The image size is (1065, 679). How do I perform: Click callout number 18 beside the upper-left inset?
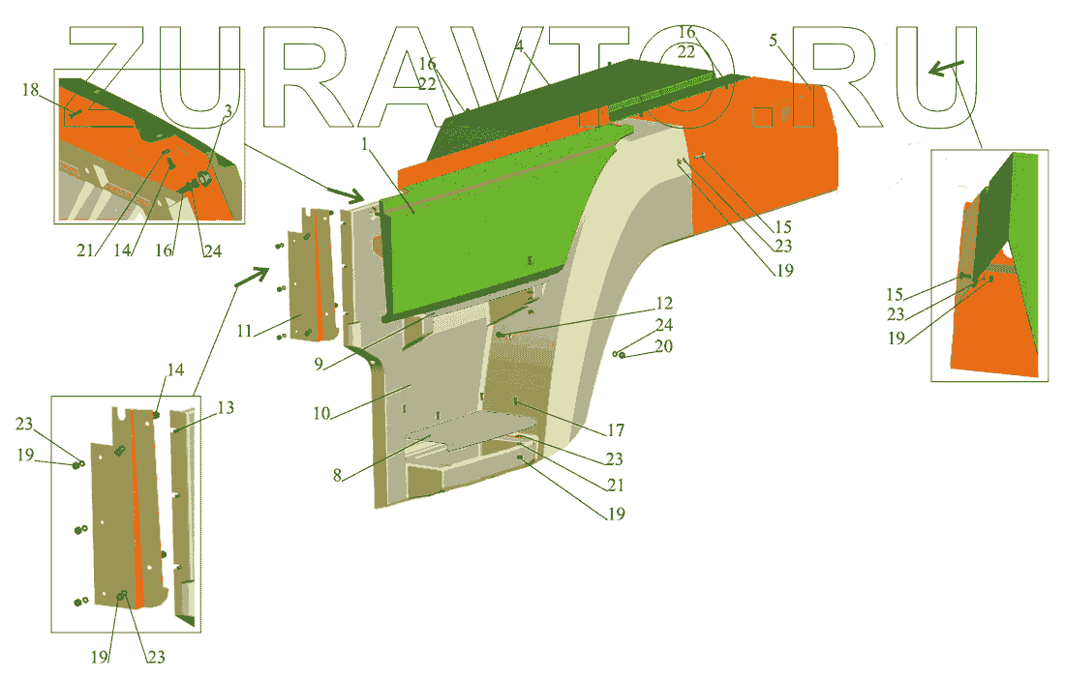point(31,90)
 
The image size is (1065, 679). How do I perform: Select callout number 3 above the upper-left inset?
point(228,110)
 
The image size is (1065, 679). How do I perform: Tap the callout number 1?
point(365,144)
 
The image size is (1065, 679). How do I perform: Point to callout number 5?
point(773,40)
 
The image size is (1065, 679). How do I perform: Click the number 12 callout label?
point(664,303)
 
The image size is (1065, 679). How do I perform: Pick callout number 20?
point(663,346)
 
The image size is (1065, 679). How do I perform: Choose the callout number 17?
point(616,430)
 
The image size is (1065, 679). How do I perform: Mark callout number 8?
point(337,475)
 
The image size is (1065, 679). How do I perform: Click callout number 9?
point(319,365)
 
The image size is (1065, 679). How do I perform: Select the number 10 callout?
point(321,413)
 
